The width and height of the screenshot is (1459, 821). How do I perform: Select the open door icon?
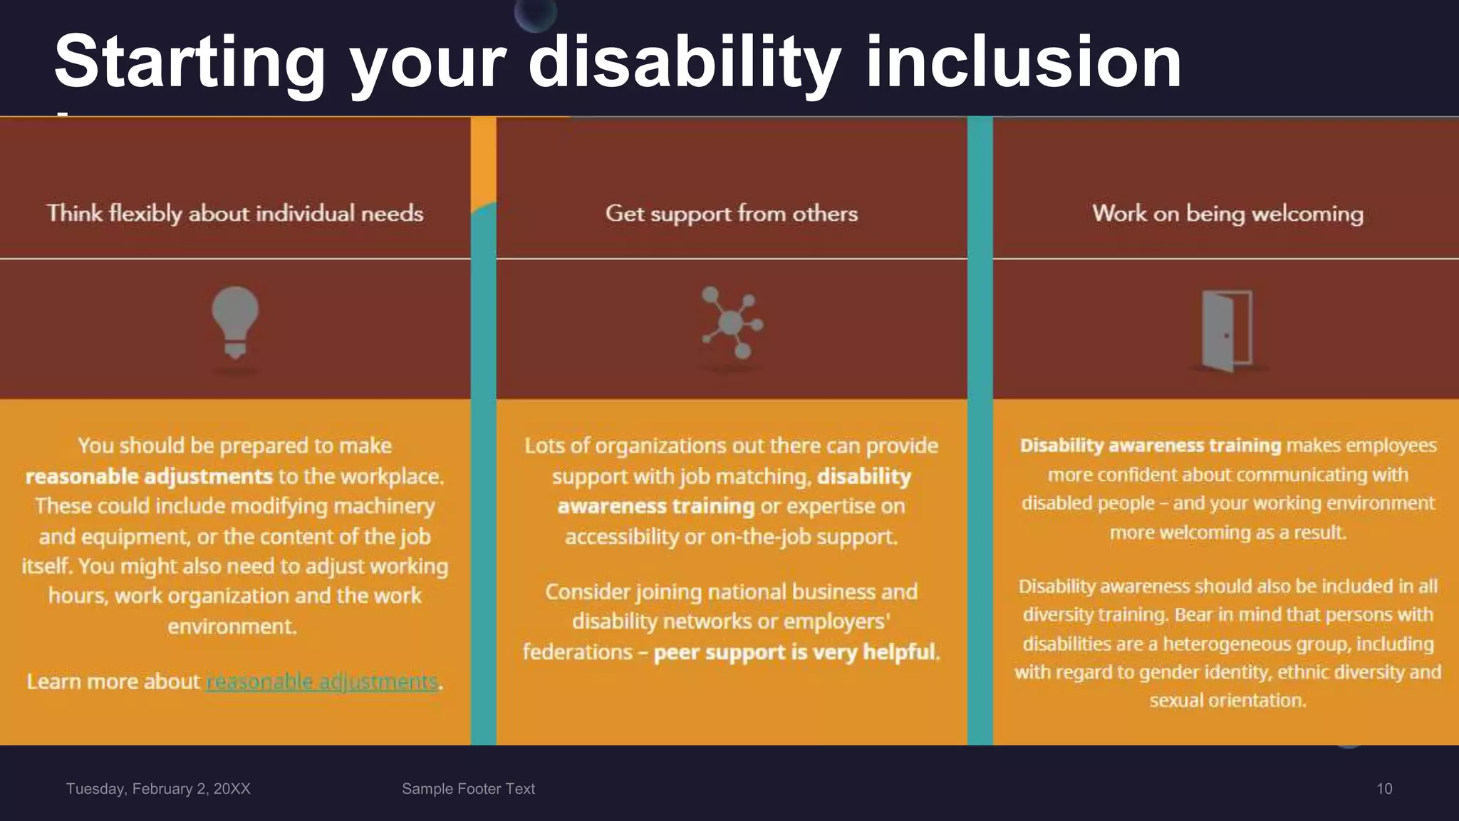1227,330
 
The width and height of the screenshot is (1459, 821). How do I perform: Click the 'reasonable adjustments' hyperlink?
322,682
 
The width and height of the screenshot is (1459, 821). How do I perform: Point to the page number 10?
1383,789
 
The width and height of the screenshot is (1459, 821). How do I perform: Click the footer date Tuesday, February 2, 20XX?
158,789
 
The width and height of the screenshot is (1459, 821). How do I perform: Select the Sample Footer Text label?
468,789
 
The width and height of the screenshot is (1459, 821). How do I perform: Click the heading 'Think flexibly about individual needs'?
235,213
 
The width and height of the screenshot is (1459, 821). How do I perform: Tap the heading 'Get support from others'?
732,213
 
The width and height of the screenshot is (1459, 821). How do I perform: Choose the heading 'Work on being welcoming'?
1227,213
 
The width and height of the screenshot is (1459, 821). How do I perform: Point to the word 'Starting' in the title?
189,63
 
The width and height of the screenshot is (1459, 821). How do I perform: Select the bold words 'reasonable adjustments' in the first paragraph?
149,476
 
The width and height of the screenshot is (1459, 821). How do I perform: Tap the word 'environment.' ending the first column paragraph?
232,626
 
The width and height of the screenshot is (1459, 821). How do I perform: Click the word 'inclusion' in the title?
1023,63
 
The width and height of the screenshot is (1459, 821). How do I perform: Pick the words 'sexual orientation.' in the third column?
1227,701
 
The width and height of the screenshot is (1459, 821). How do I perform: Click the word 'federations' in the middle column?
577,652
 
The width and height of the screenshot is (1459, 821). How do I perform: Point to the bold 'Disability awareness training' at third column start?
1150,445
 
